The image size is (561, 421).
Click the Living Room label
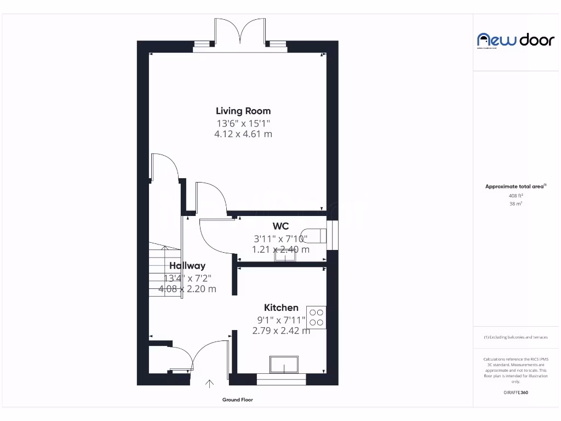pos(243,111)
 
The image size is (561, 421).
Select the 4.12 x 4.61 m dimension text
pos(243,134)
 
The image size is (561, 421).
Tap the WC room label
pos(280,226)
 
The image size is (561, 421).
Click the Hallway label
pos(187,266)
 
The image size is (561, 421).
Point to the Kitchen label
pos(281,308)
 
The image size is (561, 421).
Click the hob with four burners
pos(316,317)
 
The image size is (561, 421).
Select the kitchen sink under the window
pos(284,364)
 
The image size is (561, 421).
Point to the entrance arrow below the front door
pos(209,384)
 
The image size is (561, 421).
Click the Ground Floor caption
pos(238,400)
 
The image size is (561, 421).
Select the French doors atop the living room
pos(239,34)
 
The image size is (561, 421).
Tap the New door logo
pos(516,39)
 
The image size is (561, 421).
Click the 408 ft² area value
pos(516,195)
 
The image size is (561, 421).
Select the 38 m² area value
pos(516,203)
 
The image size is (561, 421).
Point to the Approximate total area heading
pos(516,187)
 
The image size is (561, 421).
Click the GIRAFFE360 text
pos(516,392)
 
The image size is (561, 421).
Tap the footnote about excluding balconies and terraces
pos(516,337)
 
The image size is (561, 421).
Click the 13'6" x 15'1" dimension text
pos(243,123)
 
